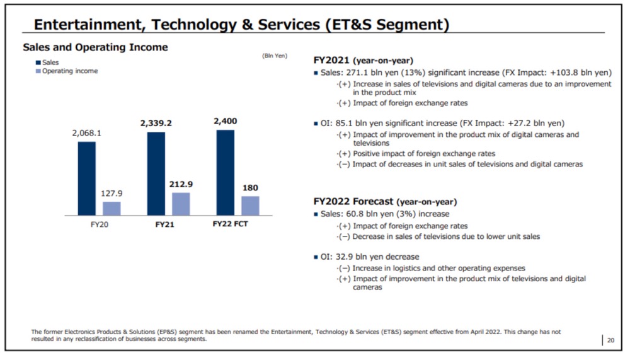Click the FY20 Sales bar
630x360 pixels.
[87, 178]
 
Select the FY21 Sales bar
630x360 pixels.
[156, 173]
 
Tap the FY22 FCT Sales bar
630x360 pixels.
[225, 172]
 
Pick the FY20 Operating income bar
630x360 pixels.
[112, 208]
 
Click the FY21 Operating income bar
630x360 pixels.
[181, 204]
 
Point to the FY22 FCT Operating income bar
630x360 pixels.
[250, 206]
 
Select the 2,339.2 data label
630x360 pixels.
[156, 123]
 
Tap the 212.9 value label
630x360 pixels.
[181, 184]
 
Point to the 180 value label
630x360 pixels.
[250, 188]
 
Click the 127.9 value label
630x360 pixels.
[112, 194]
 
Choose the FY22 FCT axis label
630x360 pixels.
[230, 224]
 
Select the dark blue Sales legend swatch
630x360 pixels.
[38, 62]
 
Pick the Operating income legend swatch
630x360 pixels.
[38, 71]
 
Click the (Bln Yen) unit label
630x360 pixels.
[274, 55]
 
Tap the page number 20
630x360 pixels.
[610, 340]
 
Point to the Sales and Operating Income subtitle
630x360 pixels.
[95, 47]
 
